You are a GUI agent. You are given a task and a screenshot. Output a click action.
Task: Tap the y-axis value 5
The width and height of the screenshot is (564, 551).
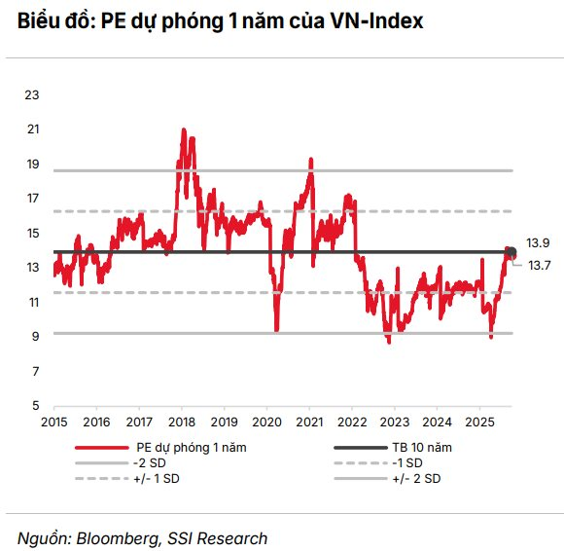tap(35, 406)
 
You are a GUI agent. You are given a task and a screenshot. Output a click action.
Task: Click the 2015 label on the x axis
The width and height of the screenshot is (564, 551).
tap(53, 422)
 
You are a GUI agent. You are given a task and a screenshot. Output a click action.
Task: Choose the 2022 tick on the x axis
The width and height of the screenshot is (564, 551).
tap(351, 422)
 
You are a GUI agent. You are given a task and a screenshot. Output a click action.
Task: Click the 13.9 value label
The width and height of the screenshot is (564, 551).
tap(539, 242)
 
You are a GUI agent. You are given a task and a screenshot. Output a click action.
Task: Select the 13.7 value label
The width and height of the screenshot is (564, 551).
tap(539, 265)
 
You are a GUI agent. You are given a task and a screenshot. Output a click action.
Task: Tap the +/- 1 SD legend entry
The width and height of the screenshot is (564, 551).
tap(158, 478)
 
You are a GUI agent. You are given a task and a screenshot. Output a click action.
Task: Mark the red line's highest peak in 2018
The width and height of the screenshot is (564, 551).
tap(182, 129)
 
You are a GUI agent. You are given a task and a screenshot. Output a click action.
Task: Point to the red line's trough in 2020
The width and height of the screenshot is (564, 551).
tap(277, 330)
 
